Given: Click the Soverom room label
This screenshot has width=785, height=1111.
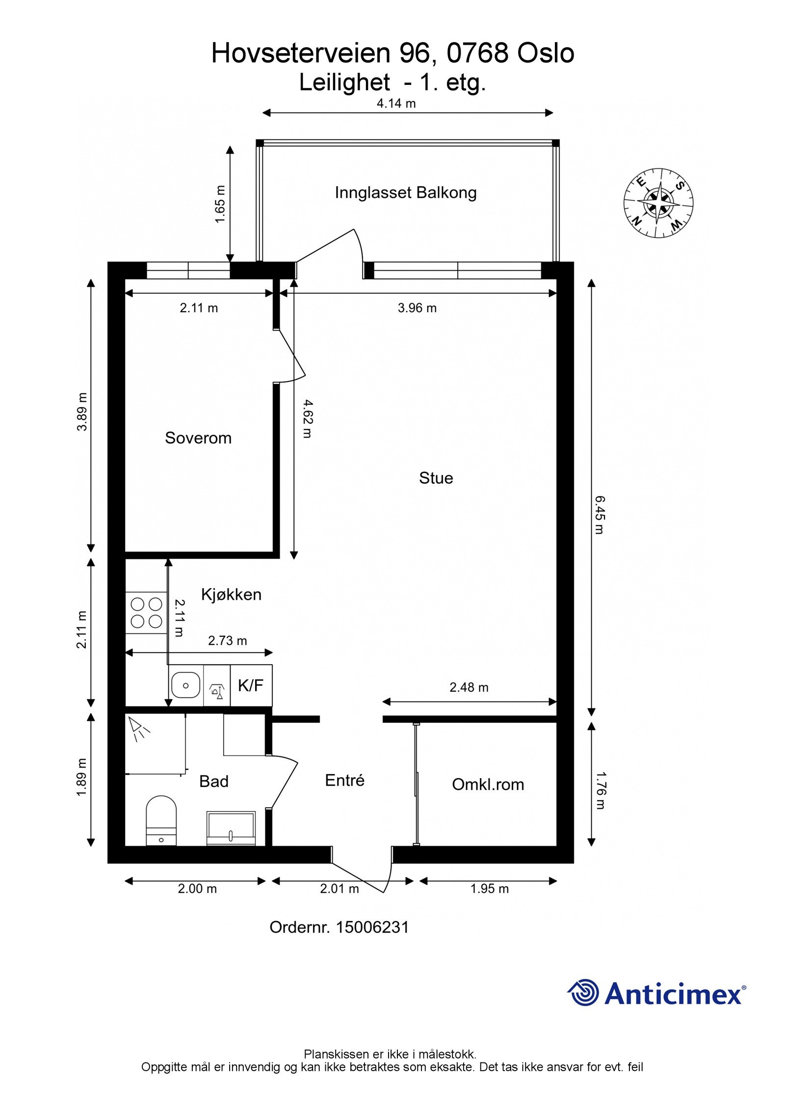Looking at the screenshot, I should pyautogui.click(x=198, y=438).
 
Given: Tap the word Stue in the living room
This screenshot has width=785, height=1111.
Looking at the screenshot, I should pyautogui.click(x=436, y=478).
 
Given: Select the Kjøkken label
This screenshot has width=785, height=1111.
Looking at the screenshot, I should pyautogui.click(x=231, y=595).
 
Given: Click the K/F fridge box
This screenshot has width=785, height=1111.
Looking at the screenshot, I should pyautogui.click(x=251, y=685).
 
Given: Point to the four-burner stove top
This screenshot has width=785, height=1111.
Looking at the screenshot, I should pyautogui.click(x=146, y=612).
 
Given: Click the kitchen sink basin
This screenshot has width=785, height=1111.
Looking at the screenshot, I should pyautogui.click(x=185, y=685).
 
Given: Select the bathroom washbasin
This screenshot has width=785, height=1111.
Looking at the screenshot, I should pyautogui.click(x=231, y=828).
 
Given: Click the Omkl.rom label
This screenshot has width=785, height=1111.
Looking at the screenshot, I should pyautogui.click(x=488, y=785).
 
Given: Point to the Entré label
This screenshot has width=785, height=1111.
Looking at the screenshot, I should pyautogui.click(x=344, y=781).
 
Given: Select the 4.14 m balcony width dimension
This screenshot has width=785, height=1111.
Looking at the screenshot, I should pyautogui.click(x=396, y=103).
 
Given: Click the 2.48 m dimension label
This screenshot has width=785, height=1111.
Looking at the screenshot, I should pyautogui.click(x=469, y=687).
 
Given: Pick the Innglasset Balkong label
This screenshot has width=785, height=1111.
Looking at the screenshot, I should pyautogui.click(x=405, y=192).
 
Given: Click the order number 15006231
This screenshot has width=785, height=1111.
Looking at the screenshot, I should pyautogui.click(x=372, y=927).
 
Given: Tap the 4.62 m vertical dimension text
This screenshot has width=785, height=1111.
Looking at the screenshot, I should pyautogui.click(x=307, y=419).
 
